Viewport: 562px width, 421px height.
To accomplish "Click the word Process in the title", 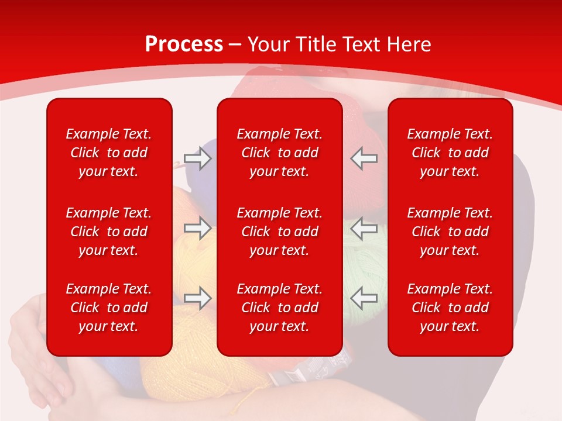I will pos(184,44).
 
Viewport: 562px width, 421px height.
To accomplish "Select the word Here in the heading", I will pos(409,44).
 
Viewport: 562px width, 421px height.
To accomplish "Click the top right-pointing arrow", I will pos(198,158).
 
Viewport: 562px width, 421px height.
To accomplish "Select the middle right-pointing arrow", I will pos(198,228).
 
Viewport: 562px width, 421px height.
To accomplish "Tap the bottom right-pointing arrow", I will pos(198,298).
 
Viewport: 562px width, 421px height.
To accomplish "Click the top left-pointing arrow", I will pos(364,158).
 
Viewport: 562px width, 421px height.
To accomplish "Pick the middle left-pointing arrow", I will pos(364,228).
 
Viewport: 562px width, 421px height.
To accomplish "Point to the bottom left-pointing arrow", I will pos(364,298).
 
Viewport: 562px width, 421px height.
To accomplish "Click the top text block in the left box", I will pos(109,153).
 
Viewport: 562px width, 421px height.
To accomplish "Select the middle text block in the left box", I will pos(109,232).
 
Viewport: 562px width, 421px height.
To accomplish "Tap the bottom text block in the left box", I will pos(109,308).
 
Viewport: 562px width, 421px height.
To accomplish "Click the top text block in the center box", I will pos(279,153).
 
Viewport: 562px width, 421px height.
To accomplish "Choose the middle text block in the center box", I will pos(279,232).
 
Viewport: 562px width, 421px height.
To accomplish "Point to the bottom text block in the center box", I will pos(279,308).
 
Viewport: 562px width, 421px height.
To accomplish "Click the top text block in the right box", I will pos(450,153).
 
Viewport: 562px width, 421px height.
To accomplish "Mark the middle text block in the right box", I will pos(450,232).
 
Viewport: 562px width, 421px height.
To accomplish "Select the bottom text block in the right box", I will pos(450,308).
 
